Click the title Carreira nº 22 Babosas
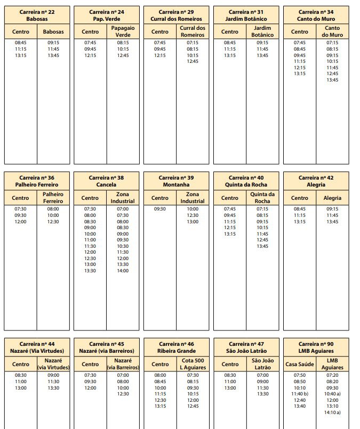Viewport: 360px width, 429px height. pos(37,15)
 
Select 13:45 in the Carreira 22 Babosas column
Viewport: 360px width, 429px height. pos(53,55)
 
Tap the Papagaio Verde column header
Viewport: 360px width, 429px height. pos(123,31)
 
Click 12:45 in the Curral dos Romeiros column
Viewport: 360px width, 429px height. pos(193,61)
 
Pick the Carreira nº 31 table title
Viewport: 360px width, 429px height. pos(246,15)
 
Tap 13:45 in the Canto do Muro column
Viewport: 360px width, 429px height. pos(332,80)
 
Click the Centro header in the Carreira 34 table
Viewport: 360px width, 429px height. pos(300,31)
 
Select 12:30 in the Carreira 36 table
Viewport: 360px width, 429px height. pos(53,222)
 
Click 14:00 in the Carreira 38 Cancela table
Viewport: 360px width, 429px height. pos(123,271)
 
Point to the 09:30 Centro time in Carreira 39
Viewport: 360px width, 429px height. pos(160,209)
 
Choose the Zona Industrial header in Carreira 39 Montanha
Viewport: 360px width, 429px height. pos(193,198)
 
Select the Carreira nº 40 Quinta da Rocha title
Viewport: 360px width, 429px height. pos(246,181)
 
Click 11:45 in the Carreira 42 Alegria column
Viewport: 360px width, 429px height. pos(332,215)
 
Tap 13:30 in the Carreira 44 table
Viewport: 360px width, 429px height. pos(53,387)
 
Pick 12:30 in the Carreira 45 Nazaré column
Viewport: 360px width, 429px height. pos(123,394)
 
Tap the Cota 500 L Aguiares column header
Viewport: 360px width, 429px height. pos(193,364)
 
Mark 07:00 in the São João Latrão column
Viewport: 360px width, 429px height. pos(262,375)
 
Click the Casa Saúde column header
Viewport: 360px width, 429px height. pos(300,364)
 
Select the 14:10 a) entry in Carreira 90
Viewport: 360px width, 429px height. pos(332,412)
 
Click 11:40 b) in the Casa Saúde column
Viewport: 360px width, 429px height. pos(300,394)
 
